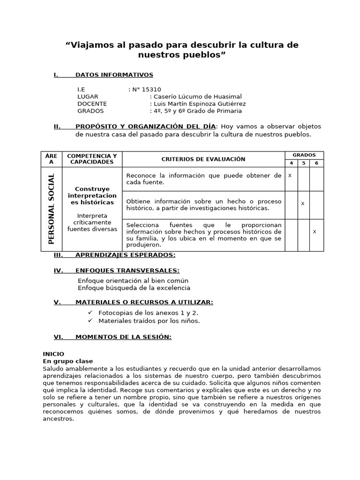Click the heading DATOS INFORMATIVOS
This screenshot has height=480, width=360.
pos(114,75)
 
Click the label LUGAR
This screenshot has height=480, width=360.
pos(88,97)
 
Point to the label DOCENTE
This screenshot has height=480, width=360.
pos(92,104)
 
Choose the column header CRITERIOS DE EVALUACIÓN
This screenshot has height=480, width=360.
pos(203,159)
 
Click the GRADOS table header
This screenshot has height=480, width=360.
pos(304,155)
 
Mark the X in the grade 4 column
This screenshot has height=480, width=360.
pos(290,175)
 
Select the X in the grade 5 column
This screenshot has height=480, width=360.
pos(303,203)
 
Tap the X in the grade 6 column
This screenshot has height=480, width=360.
pos(315,232)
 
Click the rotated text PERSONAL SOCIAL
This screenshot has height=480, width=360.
pos(52,209)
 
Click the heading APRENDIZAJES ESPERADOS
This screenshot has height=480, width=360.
pos(125,255)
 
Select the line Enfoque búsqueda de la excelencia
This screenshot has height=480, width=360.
pos(134,288)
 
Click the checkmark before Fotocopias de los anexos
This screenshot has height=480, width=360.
pos(90,313)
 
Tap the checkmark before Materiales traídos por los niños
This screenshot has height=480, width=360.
pos(90,321)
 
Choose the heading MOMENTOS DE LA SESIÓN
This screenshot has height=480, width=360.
pos(123,337)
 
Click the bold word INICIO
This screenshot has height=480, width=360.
pos(53,354)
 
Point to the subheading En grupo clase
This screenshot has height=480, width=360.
pos(68,361)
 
